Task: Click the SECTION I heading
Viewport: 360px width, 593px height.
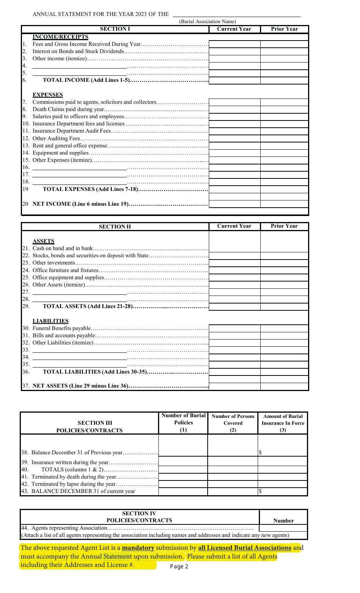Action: (x=115, y=29)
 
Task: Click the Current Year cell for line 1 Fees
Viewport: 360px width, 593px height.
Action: (x=235, y=44)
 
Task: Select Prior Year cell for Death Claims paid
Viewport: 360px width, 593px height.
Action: (x=284, y=110)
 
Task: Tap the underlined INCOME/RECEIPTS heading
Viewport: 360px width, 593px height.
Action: (x=60, y=37)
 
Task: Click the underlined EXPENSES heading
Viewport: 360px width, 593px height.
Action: (x=48, y=95)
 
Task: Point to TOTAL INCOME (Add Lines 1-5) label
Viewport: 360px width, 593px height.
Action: (x=86, y=80)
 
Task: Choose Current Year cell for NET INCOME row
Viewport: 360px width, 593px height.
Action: (x=235, y=204)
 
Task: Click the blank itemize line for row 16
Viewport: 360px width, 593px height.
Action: (x=80, y=167)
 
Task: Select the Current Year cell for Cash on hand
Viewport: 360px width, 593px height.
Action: (x=235, y=249)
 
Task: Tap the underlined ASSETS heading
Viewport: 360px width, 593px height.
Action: (x=44, y=241)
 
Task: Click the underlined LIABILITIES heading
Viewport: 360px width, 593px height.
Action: (x=50, y=321)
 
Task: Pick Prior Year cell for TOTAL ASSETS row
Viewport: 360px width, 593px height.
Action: (x=284, y=307)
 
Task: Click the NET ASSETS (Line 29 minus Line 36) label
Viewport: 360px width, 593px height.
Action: (x=81, y=386)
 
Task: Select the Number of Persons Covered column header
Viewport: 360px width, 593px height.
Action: (x=233, y=423)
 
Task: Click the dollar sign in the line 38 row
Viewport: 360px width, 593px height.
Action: (x=260, y=452)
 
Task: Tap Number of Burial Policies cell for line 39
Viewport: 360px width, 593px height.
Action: (x=183, y=462)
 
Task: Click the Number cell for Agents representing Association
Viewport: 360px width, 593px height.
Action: (x=283, y=528)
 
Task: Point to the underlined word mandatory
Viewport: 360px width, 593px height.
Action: (x=138, y=548)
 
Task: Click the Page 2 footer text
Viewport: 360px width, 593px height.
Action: (x=179, y=566)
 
